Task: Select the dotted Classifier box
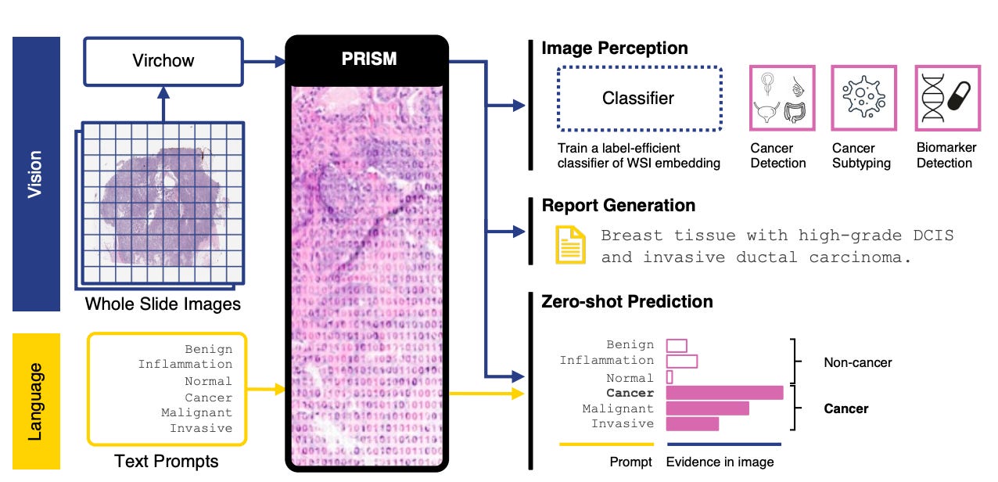pos(637,99)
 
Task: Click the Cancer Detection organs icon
pos(782,98)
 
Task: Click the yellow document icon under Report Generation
pos(569,245)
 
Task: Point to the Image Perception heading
pos(615,49)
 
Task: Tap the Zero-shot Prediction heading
pos(627,301)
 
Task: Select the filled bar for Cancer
pos(724,393)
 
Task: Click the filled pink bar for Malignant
pos(707,408)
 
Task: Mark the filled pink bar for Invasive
pos(692,423)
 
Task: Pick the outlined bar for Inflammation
pos(681,361)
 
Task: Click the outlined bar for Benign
pos(677,345)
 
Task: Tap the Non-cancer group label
pos(857,362)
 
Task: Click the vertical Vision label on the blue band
pos(36,174)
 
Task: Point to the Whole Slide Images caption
pos(163,304)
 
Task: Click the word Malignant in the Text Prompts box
pos(196,412)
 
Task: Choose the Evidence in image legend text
pos(720,462)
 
